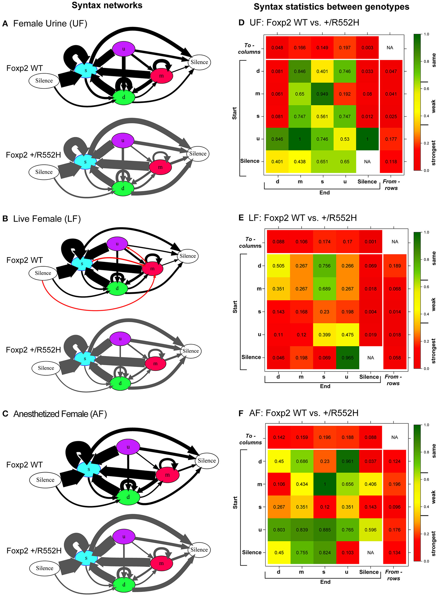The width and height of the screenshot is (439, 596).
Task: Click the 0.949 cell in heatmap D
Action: (x=322, y=94)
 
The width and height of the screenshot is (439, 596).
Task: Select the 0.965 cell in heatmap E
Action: (x=347, y=357)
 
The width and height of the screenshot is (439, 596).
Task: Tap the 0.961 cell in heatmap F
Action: (x=347, y=461)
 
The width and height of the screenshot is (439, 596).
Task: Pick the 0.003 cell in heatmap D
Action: (x=367, y=48)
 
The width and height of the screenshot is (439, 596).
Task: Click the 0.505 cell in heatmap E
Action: (x=278, y=266)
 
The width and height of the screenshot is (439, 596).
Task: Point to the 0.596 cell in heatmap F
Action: (x=370, y=529)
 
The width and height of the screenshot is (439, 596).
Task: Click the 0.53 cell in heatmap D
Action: (x=345, y=139)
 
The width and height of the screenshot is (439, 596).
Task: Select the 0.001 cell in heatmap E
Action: (x=370, y=241)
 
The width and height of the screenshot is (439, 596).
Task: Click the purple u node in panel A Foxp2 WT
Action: (x=124, y=49)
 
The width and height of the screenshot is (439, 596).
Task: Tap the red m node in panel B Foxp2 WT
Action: (x=152, y=269)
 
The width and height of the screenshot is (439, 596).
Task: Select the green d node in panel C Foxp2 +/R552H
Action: (x=124, y=585)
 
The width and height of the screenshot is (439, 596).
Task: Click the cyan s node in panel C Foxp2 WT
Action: (x=89, y=469)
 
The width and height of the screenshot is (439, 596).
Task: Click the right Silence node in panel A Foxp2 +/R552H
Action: (x=198, y=153)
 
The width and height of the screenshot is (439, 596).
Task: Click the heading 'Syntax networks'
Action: (x=107, y=5)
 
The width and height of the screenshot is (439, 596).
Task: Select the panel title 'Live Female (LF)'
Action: (x=47, y=219)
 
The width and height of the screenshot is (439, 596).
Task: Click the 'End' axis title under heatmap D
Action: (x=324, y=193)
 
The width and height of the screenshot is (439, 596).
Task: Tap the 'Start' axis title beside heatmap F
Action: (x=235, y=502)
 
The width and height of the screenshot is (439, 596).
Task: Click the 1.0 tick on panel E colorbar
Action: (x=426, y=232)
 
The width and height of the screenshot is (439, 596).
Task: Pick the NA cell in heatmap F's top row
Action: (x=394, y=437)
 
